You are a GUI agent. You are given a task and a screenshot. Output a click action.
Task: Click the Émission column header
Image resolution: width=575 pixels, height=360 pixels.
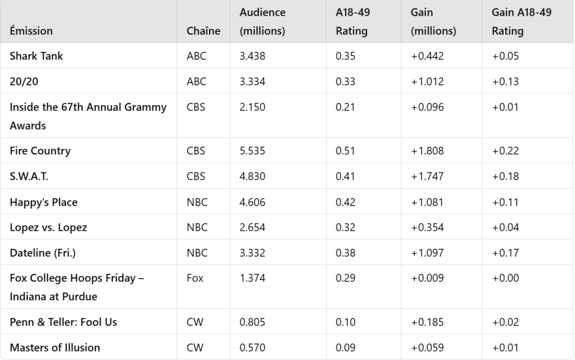[x=31, y=31]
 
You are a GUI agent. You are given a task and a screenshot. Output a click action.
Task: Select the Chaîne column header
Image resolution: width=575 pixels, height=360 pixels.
[x=203, y=31]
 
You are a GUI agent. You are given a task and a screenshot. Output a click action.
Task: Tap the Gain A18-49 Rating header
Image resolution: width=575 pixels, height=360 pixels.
[x=522, y=21]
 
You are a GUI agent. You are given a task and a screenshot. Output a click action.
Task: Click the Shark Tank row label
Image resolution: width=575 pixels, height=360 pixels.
[x=36, y=56]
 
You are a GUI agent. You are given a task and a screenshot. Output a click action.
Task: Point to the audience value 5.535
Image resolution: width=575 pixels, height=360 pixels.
[x=252, y=151]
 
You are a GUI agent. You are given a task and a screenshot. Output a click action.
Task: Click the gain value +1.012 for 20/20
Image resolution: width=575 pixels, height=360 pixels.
[x=427, y=81]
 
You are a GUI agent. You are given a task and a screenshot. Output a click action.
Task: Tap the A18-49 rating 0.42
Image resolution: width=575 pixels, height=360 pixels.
[x=345, y=202]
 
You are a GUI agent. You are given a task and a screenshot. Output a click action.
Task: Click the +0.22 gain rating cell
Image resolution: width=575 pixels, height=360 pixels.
[x=505, y=151]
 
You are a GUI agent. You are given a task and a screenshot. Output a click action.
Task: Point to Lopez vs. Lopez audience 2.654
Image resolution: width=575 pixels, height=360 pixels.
[x=252, y=227]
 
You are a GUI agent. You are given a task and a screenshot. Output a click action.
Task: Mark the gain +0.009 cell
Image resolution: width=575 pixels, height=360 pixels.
[x=427, y=278]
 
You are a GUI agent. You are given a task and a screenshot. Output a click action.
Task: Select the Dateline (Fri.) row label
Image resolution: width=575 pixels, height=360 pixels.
[x=42, y=253]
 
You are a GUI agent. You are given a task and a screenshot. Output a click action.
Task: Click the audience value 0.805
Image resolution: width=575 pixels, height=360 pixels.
[x=252, y=322]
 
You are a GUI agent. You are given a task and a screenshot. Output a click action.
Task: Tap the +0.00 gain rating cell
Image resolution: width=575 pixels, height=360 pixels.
[x=505, y=278]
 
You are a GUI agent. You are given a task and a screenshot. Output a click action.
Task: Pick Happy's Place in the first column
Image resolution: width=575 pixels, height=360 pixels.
[x=43, y=202]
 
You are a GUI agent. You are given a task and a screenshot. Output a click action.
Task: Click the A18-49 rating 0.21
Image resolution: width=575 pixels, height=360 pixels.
[x=345, y=107]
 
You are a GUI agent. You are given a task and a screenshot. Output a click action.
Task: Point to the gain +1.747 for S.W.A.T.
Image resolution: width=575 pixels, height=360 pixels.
[x=427, y=176]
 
